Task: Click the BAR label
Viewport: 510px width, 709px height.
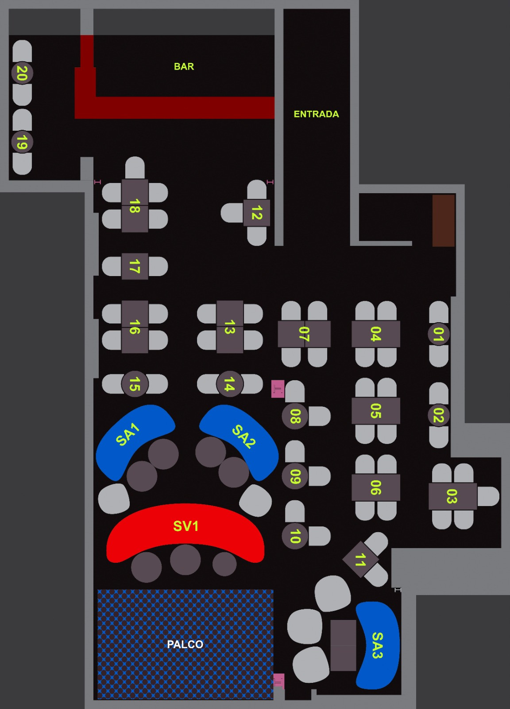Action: point(184,66)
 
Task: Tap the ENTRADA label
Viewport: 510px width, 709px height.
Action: point(316,114)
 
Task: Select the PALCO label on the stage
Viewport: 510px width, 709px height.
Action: point(185,644)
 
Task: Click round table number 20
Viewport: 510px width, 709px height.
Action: point(22,73)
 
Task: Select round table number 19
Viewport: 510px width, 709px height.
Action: point(22,142)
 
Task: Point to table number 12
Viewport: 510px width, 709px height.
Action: point(256,213)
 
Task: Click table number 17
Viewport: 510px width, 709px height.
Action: point(135,266)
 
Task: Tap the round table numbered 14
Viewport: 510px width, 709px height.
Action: point(230,384)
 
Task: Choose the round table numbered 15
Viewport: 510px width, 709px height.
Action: point(135,384)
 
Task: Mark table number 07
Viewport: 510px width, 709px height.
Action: point(304,334)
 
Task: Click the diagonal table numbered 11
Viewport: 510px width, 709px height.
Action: point(360,559)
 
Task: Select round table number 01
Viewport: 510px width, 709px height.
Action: point(439,334)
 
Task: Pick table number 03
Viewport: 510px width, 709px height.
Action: point(452,496)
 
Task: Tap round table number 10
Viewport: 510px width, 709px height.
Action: point(295,536)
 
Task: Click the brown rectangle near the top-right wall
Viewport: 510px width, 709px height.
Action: point(444,221)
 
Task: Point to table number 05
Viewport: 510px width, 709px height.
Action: point(375,411)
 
